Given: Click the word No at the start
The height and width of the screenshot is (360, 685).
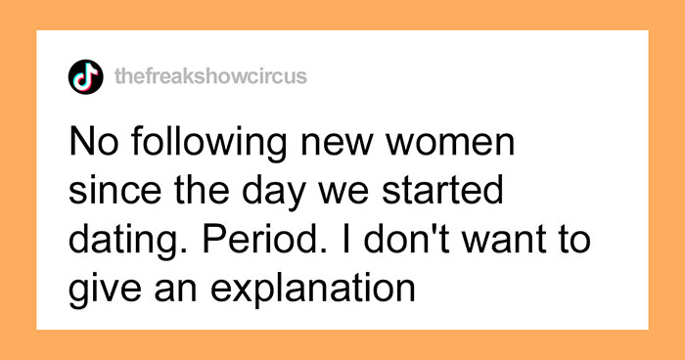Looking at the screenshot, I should pyautogui.click(x=93, y=147).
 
